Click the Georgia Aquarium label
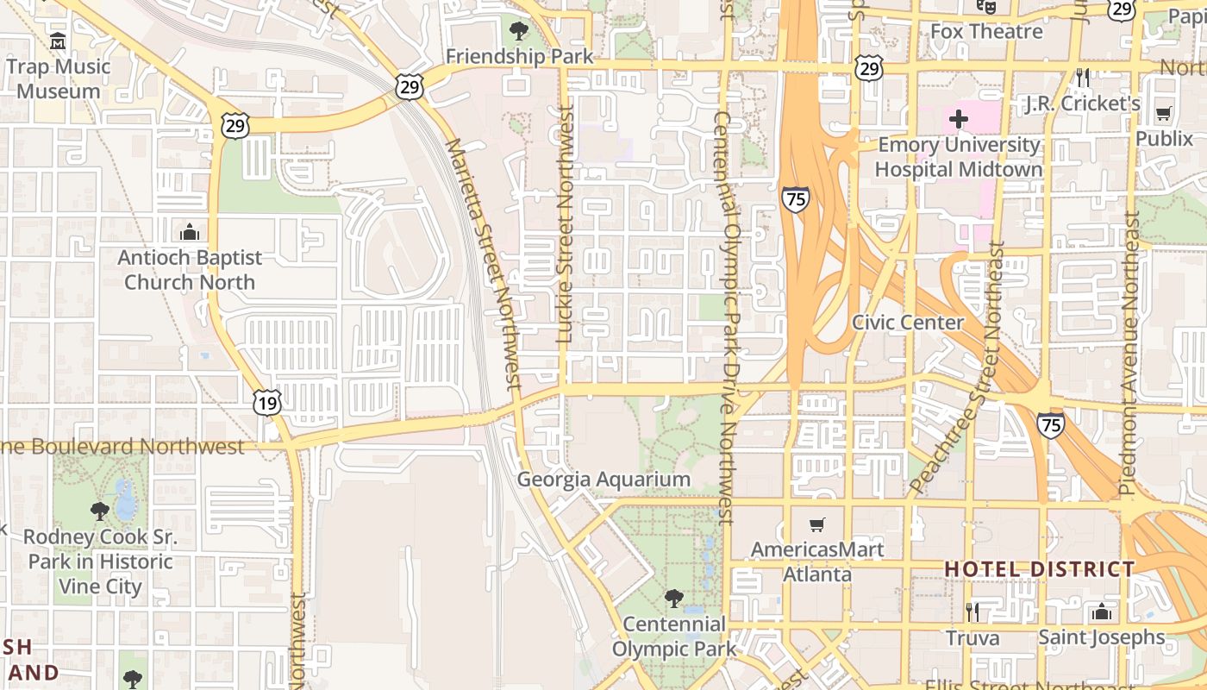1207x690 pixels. tap(603, 480)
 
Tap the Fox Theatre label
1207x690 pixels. tap(986, 32)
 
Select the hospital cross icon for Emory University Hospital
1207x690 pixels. tap(958, 119)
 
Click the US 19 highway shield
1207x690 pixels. tap(268, 403)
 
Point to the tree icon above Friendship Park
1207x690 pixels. tap(519, 32)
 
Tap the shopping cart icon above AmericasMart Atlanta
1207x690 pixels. tap(816, 524)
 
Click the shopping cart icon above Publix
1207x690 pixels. tap(1163, 113)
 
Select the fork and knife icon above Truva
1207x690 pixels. tap(972, 612)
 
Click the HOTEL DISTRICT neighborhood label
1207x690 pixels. tap(1040, 569)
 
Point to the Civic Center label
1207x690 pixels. tap(908, 323)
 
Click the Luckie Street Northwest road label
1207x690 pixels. tap(566, 224)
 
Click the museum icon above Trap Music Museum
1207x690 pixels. tap(58, 41)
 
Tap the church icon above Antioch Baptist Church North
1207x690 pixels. tap(189, 232)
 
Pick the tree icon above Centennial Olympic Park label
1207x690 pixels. tap(674, 599)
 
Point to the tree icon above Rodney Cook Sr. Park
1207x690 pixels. tap(100, 511)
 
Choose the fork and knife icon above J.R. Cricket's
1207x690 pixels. tap(1083, 78)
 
